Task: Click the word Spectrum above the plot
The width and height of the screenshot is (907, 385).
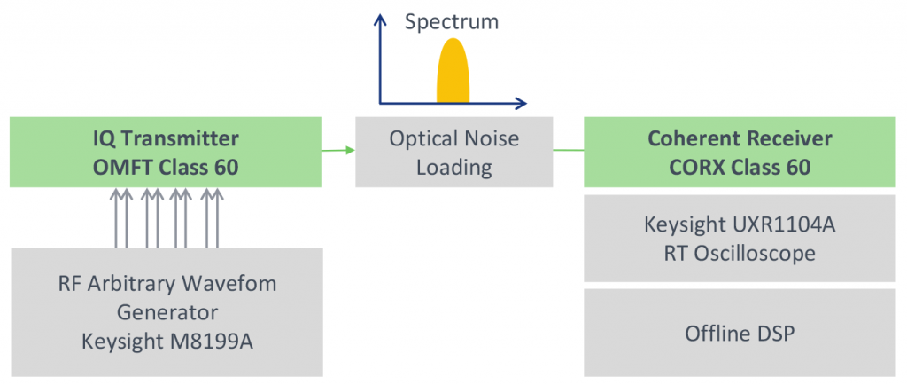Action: coord(451,22)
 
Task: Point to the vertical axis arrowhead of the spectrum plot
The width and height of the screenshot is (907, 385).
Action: coord(379,20)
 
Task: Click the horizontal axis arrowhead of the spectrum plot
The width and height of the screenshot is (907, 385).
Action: coord(521,104)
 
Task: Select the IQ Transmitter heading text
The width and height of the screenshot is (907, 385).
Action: coord(166,139)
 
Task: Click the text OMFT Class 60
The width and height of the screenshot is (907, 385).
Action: coord(166,168)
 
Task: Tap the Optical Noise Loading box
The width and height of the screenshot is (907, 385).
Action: coord(454,153)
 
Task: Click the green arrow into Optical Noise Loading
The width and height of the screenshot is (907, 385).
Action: coord(338,151)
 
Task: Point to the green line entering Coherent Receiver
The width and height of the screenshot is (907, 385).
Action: coord(569,151)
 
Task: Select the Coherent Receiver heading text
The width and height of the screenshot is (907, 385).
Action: coord(740,139)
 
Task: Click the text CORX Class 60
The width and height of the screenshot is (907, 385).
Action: coord(740,168)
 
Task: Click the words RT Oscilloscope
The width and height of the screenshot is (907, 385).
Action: coord(740,253)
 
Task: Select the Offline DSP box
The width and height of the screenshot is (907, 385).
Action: coord(740,333)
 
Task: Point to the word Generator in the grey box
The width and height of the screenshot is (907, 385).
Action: coord(167,313)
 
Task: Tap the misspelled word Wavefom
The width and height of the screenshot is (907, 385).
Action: coord(229,284)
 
